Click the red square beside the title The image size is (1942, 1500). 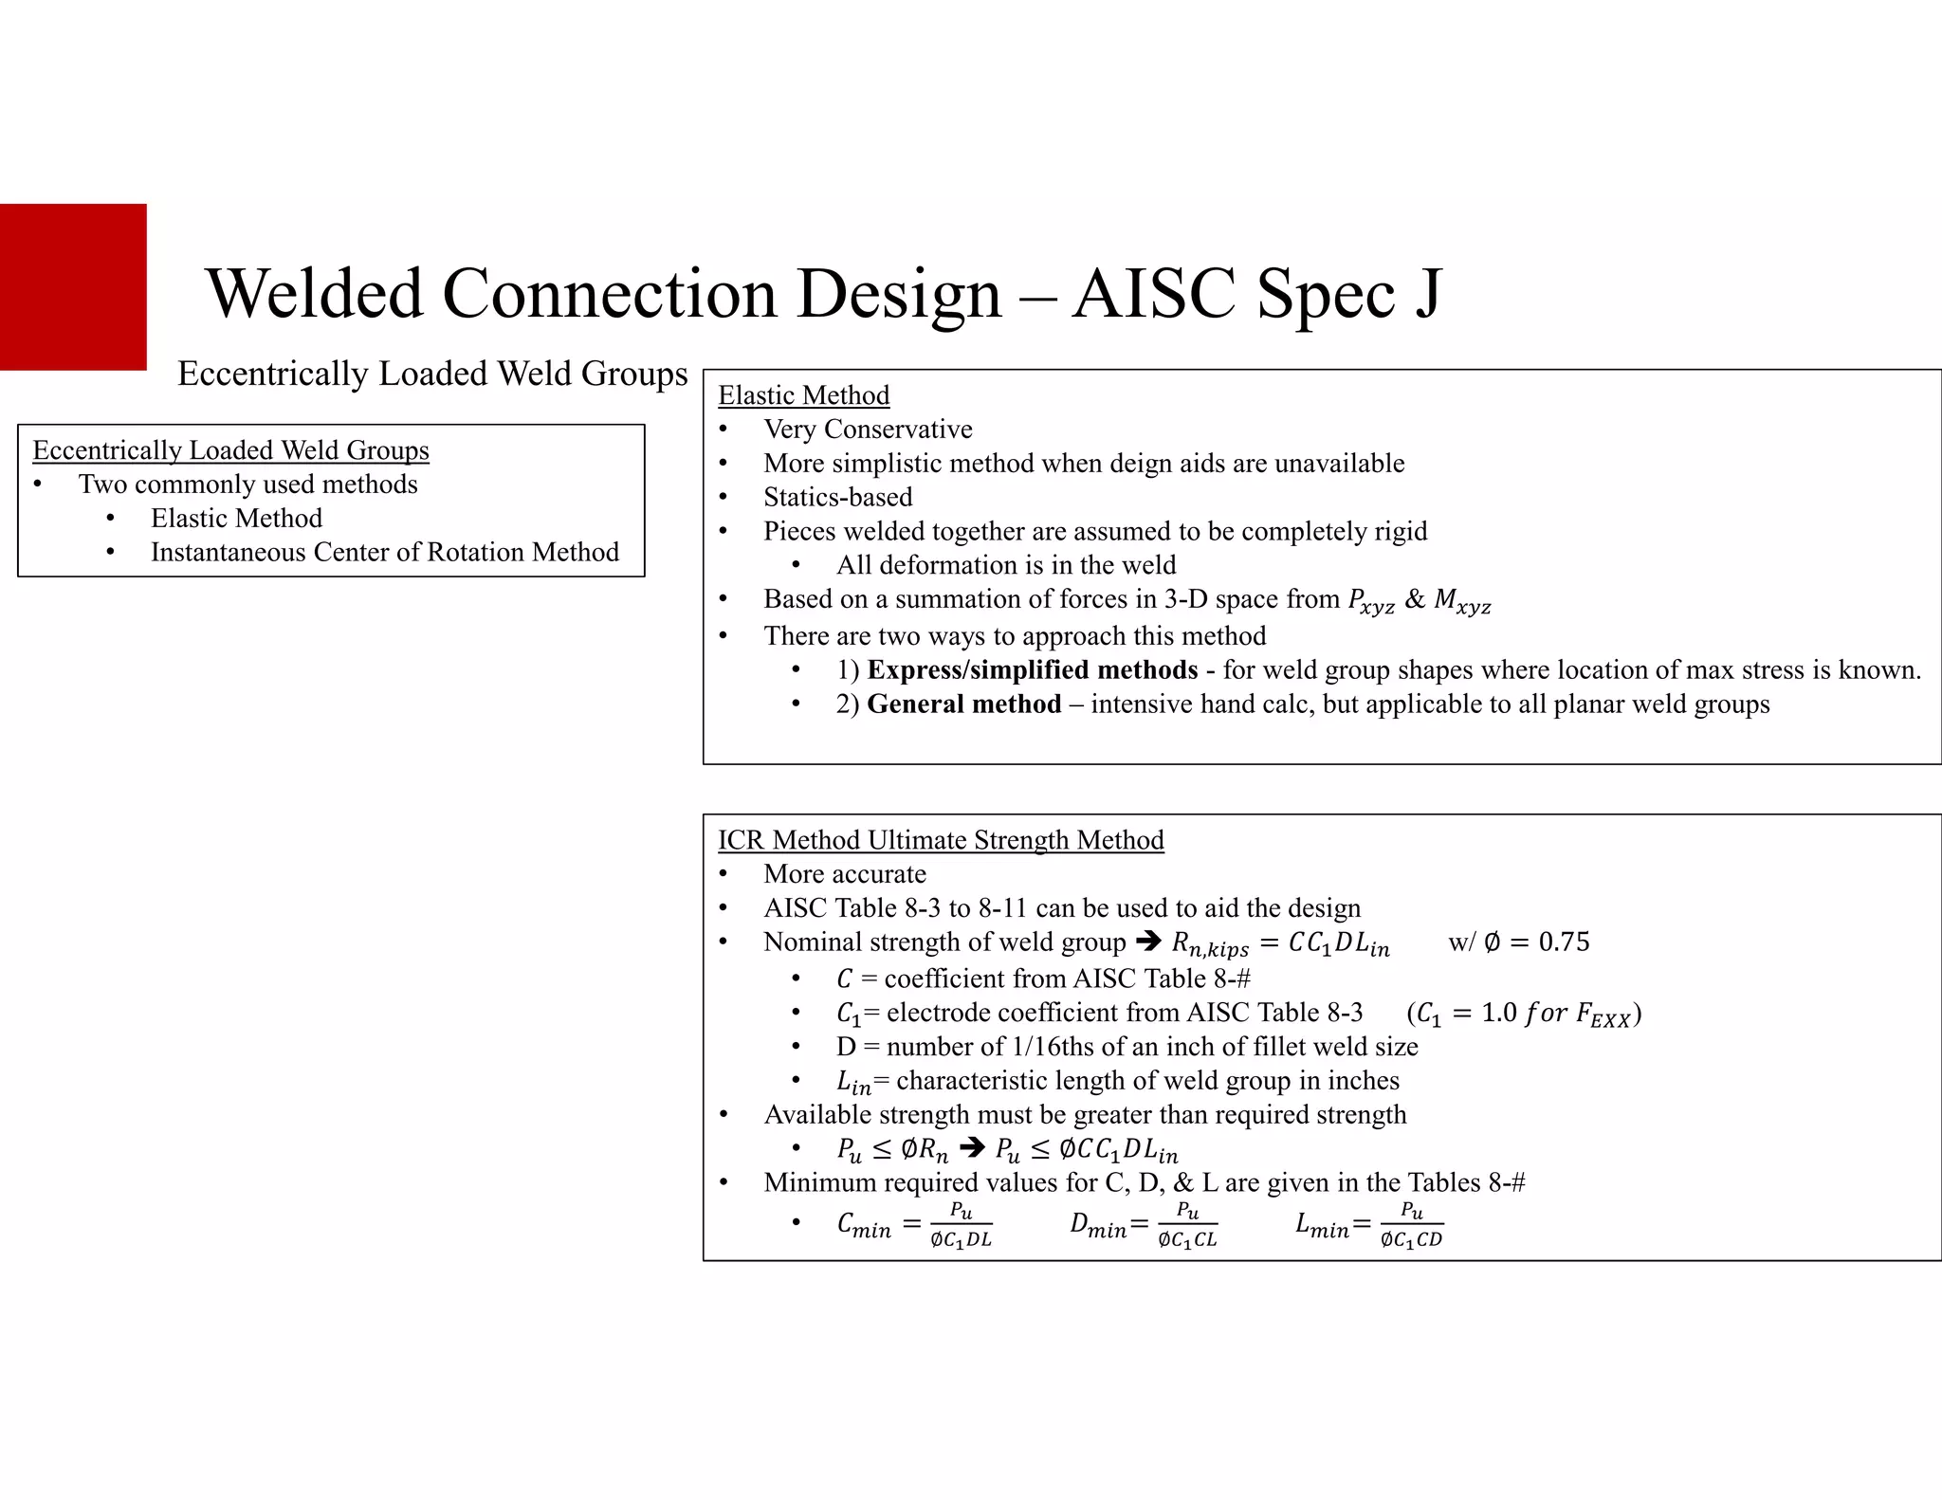tap(73, 286)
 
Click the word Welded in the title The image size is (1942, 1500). tap(314, 293)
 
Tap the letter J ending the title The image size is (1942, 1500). tap(1428, 293)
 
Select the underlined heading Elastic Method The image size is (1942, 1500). tap(803, 395)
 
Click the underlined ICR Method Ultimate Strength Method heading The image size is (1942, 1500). tap(941, 840)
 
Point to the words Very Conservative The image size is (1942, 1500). tap(868, 430)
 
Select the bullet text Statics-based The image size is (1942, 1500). tap(838, 497)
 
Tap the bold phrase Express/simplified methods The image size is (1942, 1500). tap(1032, 670)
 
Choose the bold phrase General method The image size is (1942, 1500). tap(963, 704)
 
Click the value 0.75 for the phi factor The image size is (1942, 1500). tap(1564, 942)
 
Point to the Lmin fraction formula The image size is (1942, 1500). tap(1369, 1225)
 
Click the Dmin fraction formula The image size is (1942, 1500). tap(1144, 1225)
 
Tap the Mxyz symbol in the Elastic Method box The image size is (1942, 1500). tap(1462, 601)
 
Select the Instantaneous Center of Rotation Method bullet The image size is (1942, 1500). tap(384, 552)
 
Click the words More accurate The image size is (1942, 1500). tap(845, 874)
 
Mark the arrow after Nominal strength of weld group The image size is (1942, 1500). tap(1147, 942)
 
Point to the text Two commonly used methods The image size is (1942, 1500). tap(247, 485)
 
